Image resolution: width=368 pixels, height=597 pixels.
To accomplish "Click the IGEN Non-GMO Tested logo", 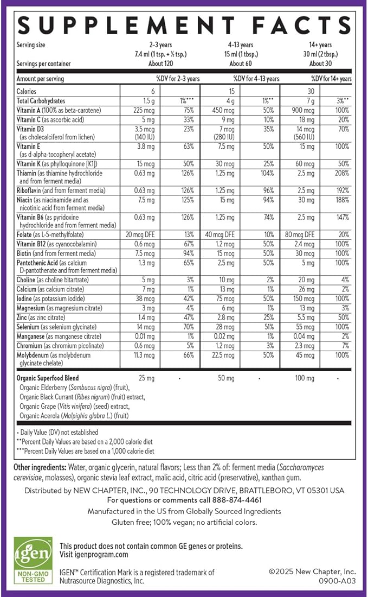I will [33, 562].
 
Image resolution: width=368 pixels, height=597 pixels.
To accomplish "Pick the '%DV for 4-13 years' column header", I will [256, 79].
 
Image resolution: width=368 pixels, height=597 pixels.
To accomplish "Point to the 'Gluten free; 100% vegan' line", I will [184, 522].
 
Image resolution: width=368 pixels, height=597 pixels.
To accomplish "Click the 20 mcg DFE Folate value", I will [138, 234].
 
